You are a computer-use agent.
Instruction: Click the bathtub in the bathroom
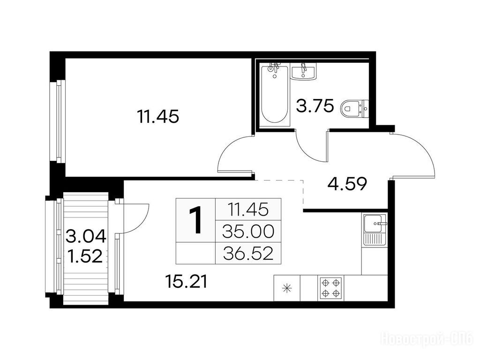tap(275, 94)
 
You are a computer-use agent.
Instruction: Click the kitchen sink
tap(375, 230)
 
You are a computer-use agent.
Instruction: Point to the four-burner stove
tap(330, 288)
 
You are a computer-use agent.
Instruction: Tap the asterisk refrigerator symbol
tap(287, 288)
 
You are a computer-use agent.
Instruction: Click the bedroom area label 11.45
tap(158, 117)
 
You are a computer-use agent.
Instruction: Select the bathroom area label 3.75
tap(315, 106)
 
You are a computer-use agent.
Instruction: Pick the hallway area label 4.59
tap(347, 184)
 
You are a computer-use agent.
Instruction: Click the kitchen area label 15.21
tap(186, 281)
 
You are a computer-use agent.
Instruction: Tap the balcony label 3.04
tap(86, 236)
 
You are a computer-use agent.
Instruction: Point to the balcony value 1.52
tap(85, 256)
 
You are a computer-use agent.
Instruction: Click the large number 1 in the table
tap(195, 220)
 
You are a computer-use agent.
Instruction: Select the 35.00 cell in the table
tap(248, 232)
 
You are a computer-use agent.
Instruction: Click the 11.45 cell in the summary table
tap(248, 210)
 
